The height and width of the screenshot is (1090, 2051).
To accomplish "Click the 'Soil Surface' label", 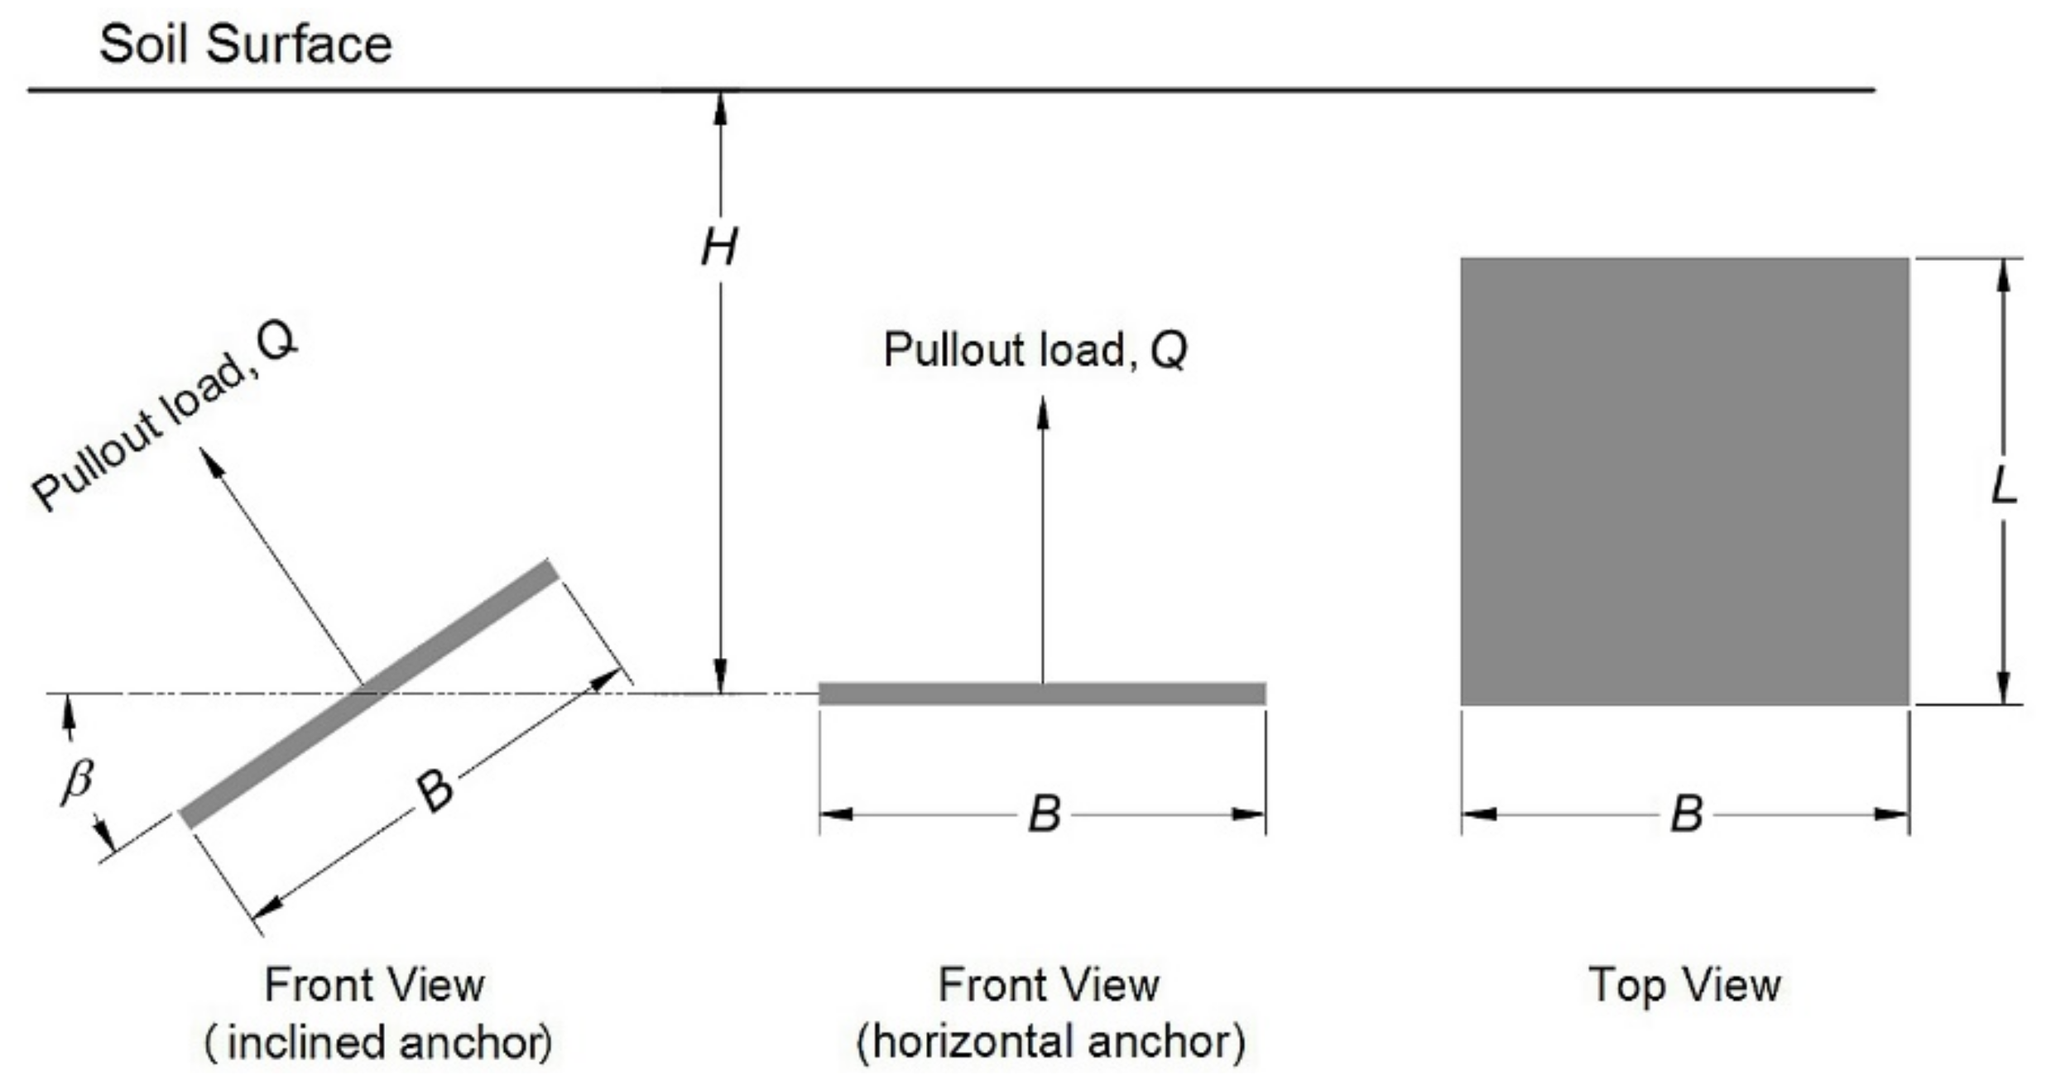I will coord(245,45).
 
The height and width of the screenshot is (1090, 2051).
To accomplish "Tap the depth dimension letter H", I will coord(719,247).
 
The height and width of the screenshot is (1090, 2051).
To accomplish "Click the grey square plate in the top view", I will coord(1684,482).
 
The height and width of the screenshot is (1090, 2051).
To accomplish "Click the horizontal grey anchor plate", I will coord(1042,694).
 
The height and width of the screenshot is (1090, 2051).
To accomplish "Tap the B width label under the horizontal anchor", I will coord(1044,814).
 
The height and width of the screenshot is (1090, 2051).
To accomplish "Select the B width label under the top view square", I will coord(1686,814).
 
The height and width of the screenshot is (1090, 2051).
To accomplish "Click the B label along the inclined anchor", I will coord(435,791).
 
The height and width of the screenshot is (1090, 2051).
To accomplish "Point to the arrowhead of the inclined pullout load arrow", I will coord(212,461).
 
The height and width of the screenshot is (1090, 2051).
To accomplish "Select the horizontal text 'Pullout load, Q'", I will coord(1035,350).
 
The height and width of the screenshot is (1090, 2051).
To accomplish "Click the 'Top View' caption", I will coord(1684,986).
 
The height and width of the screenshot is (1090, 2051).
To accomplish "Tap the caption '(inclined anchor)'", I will coord(378,1043).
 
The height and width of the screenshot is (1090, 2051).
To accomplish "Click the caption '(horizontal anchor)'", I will coord(1050,1043).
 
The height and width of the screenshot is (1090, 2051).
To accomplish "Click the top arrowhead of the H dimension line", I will coord(720,108).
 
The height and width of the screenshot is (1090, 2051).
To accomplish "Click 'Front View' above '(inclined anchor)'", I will coord(374,986).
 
